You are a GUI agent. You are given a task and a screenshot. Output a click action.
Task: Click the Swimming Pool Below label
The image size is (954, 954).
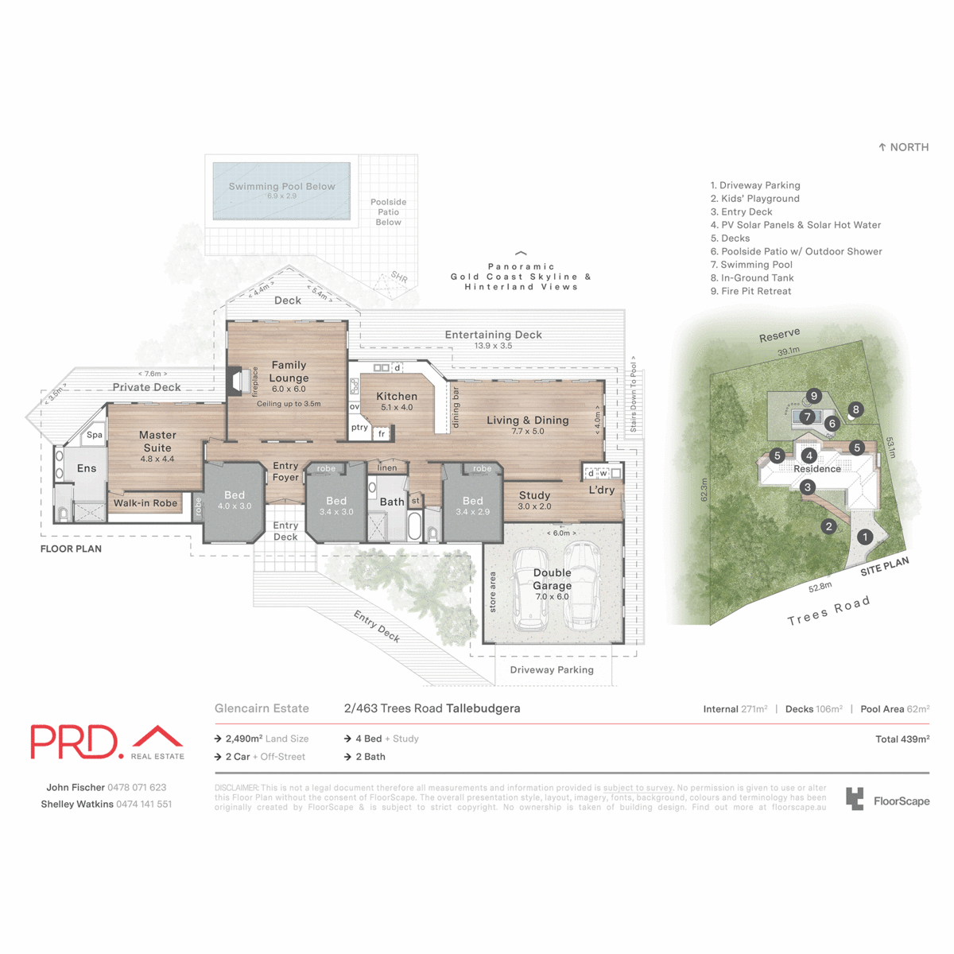pyautogui.click(x=281, y=187)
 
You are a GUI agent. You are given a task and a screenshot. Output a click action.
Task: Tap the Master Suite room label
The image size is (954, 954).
pyautogui.click(x=157, y=441)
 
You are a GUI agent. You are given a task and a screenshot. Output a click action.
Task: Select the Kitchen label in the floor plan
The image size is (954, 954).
pyautogui.click(x=397, y=397)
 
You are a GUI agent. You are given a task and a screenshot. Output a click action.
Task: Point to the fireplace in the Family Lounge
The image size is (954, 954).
pyautogui.click(x=236, y=382)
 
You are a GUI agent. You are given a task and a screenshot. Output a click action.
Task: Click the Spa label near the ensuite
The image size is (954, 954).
pyautogui.click(x=95, y=435)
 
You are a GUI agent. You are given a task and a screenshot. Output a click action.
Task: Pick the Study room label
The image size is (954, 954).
pyautogui.click(x=534, y=495)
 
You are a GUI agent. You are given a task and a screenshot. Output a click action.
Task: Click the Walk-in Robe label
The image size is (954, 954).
pyautogui.click(x=145, y=503)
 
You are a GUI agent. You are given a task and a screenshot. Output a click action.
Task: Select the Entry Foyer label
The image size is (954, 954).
pyautogui.click(x=285, y=471)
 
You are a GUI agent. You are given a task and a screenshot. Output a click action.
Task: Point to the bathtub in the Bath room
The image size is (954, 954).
pyautogui.click(x=414, y=525)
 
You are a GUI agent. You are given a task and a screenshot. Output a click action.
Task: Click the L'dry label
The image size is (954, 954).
pyautogui.click(x=602, y=490)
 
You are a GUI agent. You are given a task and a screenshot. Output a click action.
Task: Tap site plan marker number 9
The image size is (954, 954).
pyautogui.click(x=813, y=396)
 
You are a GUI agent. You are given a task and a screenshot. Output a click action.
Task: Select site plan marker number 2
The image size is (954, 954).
pyautogui.click(x=828, y=526)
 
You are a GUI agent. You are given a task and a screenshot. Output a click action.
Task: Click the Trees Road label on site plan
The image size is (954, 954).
pyautogui.click(x=828, y=611)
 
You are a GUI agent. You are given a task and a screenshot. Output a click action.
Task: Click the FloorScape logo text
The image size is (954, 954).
pyautogui.click(x=901, y=801)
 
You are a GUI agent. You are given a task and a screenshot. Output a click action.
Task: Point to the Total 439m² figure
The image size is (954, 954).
pyautogui.click(x=902, y=739)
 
